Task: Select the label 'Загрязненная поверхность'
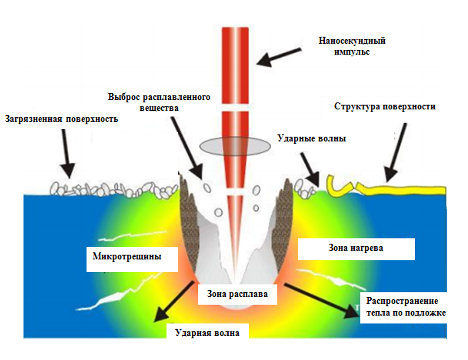coord(61,118)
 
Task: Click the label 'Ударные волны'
coord(316,139)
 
